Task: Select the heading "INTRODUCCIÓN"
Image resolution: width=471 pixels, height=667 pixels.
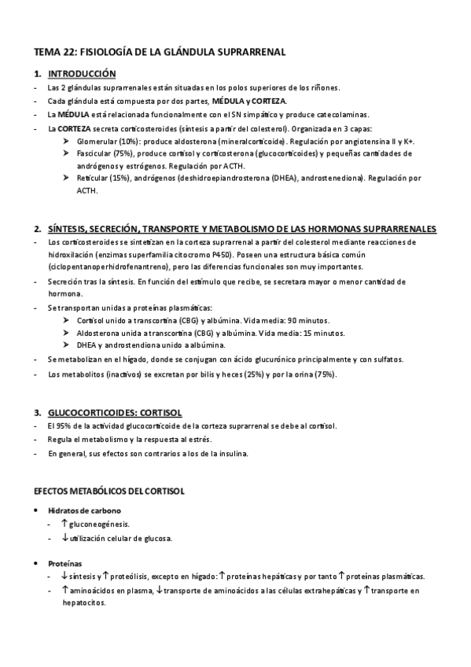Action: click(82, 74)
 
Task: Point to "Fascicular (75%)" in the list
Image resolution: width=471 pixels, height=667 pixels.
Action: click(110, 153)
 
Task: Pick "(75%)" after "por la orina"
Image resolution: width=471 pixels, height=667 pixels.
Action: click(325, 374)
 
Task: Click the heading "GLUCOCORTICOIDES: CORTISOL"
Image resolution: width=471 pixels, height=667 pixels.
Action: click(115, 411)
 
